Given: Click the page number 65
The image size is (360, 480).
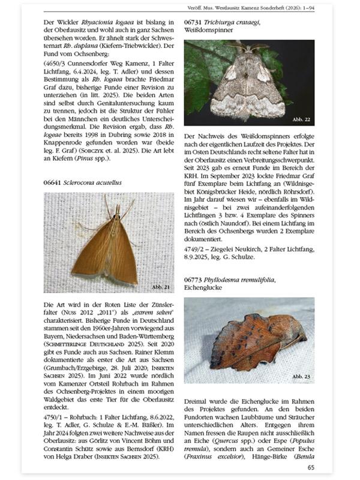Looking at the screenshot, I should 310,467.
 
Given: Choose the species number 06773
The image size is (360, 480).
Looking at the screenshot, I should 195,280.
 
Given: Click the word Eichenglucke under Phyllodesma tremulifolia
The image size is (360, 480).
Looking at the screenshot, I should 203,288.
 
